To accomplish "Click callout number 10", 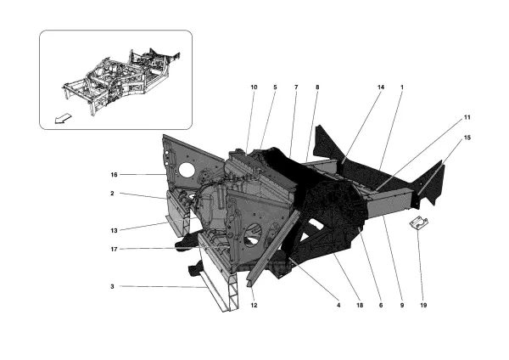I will (x=253, y=87).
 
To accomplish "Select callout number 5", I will (x=275, y=87).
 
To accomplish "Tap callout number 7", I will (x=296, y=87).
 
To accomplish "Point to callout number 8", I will (x=317, y=87).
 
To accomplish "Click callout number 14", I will (x=380, y=87).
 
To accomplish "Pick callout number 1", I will (x=401, y=87).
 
